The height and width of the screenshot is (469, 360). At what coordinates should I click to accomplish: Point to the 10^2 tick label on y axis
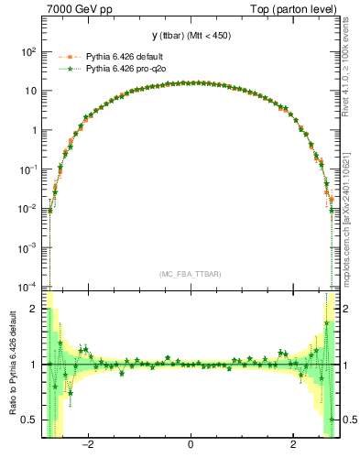click(29, 52)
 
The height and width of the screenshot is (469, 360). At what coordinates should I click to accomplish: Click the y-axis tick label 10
click(32, 92)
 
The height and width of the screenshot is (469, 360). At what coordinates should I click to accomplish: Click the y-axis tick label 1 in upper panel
click(35, 130)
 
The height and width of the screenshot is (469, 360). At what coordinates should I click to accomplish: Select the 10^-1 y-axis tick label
click(29, 169)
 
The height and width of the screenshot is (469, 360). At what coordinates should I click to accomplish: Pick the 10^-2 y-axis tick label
click(29, 209)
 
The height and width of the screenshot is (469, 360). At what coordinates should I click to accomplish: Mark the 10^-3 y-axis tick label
click(29, 248)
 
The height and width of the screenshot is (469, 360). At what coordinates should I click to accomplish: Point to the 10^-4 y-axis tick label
click(29, 287)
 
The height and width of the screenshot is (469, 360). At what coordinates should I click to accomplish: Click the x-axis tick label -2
click(89, 446)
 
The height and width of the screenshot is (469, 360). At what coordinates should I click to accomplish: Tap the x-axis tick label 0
click(190, 446)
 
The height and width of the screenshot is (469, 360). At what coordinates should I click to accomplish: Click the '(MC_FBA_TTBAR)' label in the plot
click(190, 274)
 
